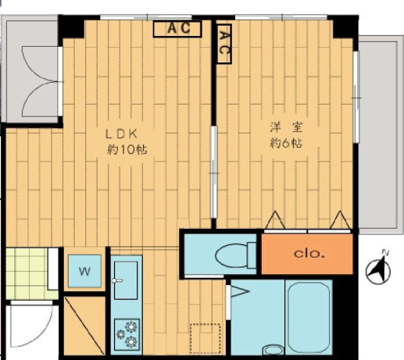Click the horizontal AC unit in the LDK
point(177,29)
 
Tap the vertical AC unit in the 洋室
point(224,44)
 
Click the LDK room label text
point(121,134)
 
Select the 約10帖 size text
point(127,150)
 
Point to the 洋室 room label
point(286,127)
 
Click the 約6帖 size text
point(286,143)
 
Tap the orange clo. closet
point(307,254)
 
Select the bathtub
point(309,318)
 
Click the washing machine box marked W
point(84,271)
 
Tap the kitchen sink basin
point(126,280)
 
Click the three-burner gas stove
point(127,334)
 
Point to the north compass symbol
point(378,270)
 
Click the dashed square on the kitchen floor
point(206,338)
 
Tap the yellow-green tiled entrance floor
point(27,273)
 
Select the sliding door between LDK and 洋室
point(213,172)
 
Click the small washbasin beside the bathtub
point(274,350)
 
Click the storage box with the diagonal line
point(84,326)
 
